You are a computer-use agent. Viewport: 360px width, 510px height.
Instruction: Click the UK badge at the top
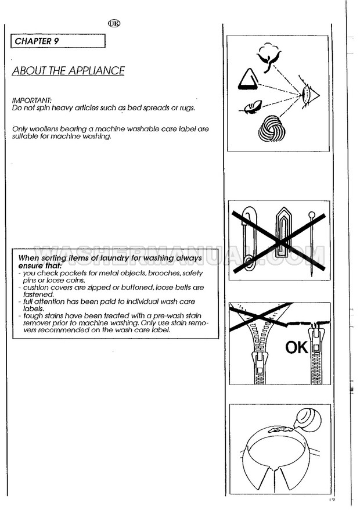[114, 25]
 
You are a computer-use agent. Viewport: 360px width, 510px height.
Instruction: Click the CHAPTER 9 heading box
[58, 41]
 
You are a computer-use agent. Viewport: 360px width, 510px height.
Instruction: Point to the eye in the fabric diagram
[308, 94]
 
